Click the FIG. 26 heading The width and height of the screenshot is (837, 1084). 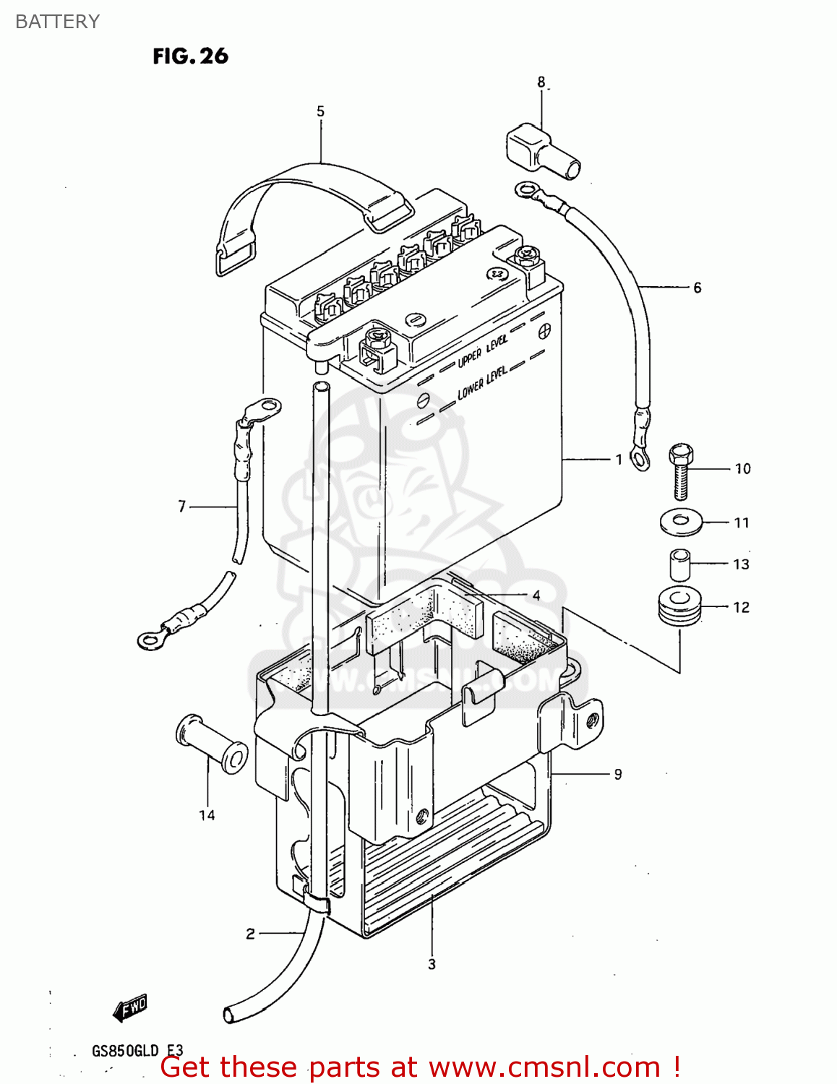[x=190, y=56]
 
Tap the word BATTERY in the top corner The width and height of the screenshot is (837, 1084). [x=57, y=22]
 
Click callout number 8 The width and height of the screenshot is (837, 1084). [x=541, y=82]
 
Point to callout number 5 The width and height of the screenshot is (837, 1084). [x=320, y=111]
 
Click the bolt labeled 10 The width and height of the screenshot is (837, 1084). [x=681, y=470]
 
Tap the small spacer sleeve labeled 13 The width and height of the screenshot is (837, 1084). [x=679, y=564]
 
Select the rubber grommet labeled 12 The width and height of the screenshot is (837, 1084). [x=679, y=607]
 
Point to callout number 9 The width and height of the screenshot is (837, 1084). [x=618, y=774]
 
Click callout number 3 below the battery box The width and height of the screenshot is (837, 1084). [x=432, y=964]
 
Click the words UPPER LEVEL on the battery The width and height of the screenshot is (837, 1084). [x=482, y=351]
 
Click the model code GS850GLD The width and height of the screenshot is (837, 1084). [x=124, y=1051]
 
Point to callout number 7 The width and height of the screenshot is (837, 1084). [x=182, y=507]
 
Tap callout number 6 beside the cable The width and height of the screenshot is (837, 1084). [x=697, y=288]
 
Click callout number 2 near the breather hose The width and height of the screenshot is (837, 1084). [x=250, y=934]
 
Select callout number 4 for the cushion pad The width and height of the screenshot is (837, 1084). [x=536, y=595]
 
